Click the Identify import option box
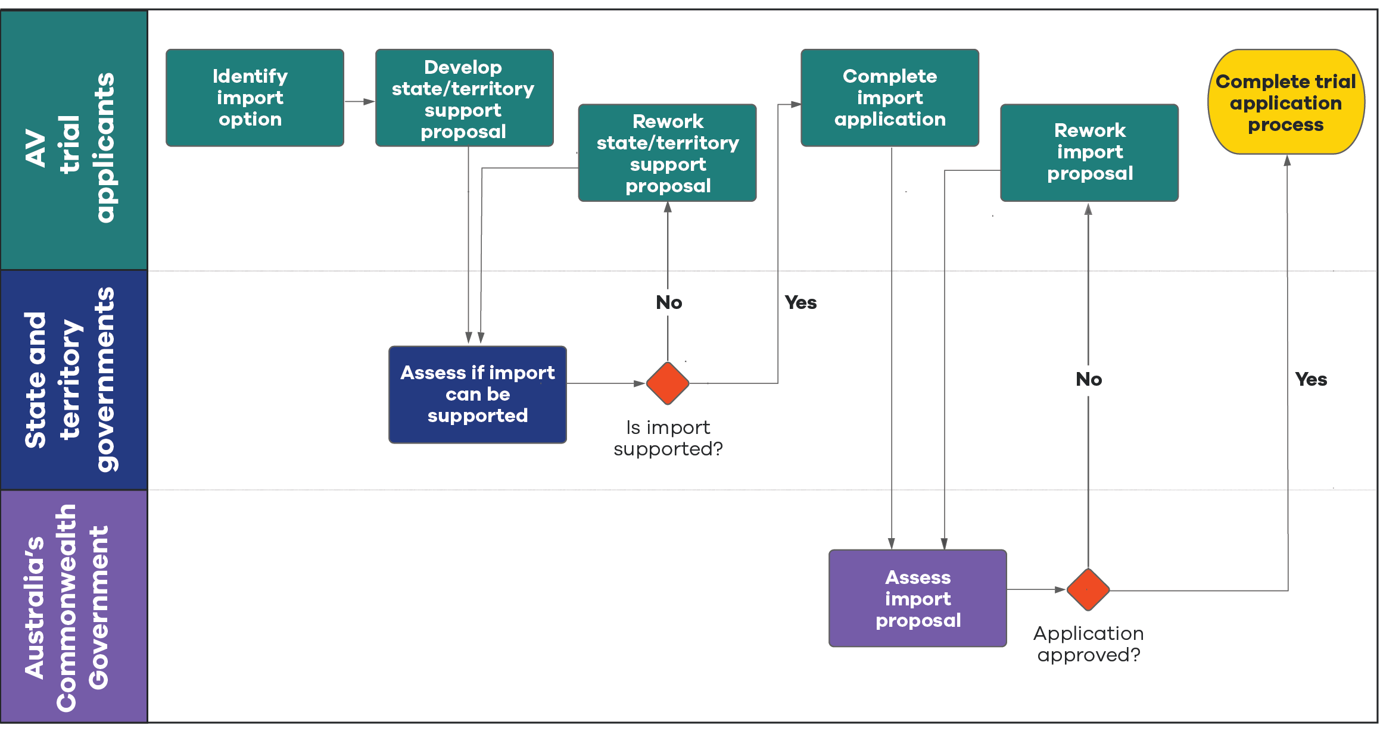click(x=254, y=98)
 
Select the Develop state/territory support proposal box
click(x=464, y=98)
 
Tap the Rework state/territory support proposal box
click(x=667, y=153)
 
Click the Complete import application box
click(x=889, y=98)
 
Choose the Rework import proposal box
click(x=1089, y=152)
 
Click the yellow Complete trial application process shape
click(x=1285, y=102)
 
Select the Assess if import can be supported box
click(x=477, y=394)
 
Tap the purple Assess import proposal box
click(x=917, y=598)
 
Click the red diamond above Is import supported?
click(x=668, y=383)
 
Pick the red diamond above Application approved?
click(x=1088, y=589)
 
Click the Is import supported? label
click(x=668, y=438)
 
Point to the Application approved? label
click(x=1088, y=644)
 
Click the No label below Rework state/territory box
click(x=668, y=302)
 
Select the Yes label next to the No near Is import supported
click(x=800, y=302)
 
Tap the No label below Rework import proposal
click(x=1088, y=379)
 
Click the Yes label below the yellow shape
click(x=1310, y=379)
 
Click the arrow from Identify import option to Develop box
click(x=359, y=102)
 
